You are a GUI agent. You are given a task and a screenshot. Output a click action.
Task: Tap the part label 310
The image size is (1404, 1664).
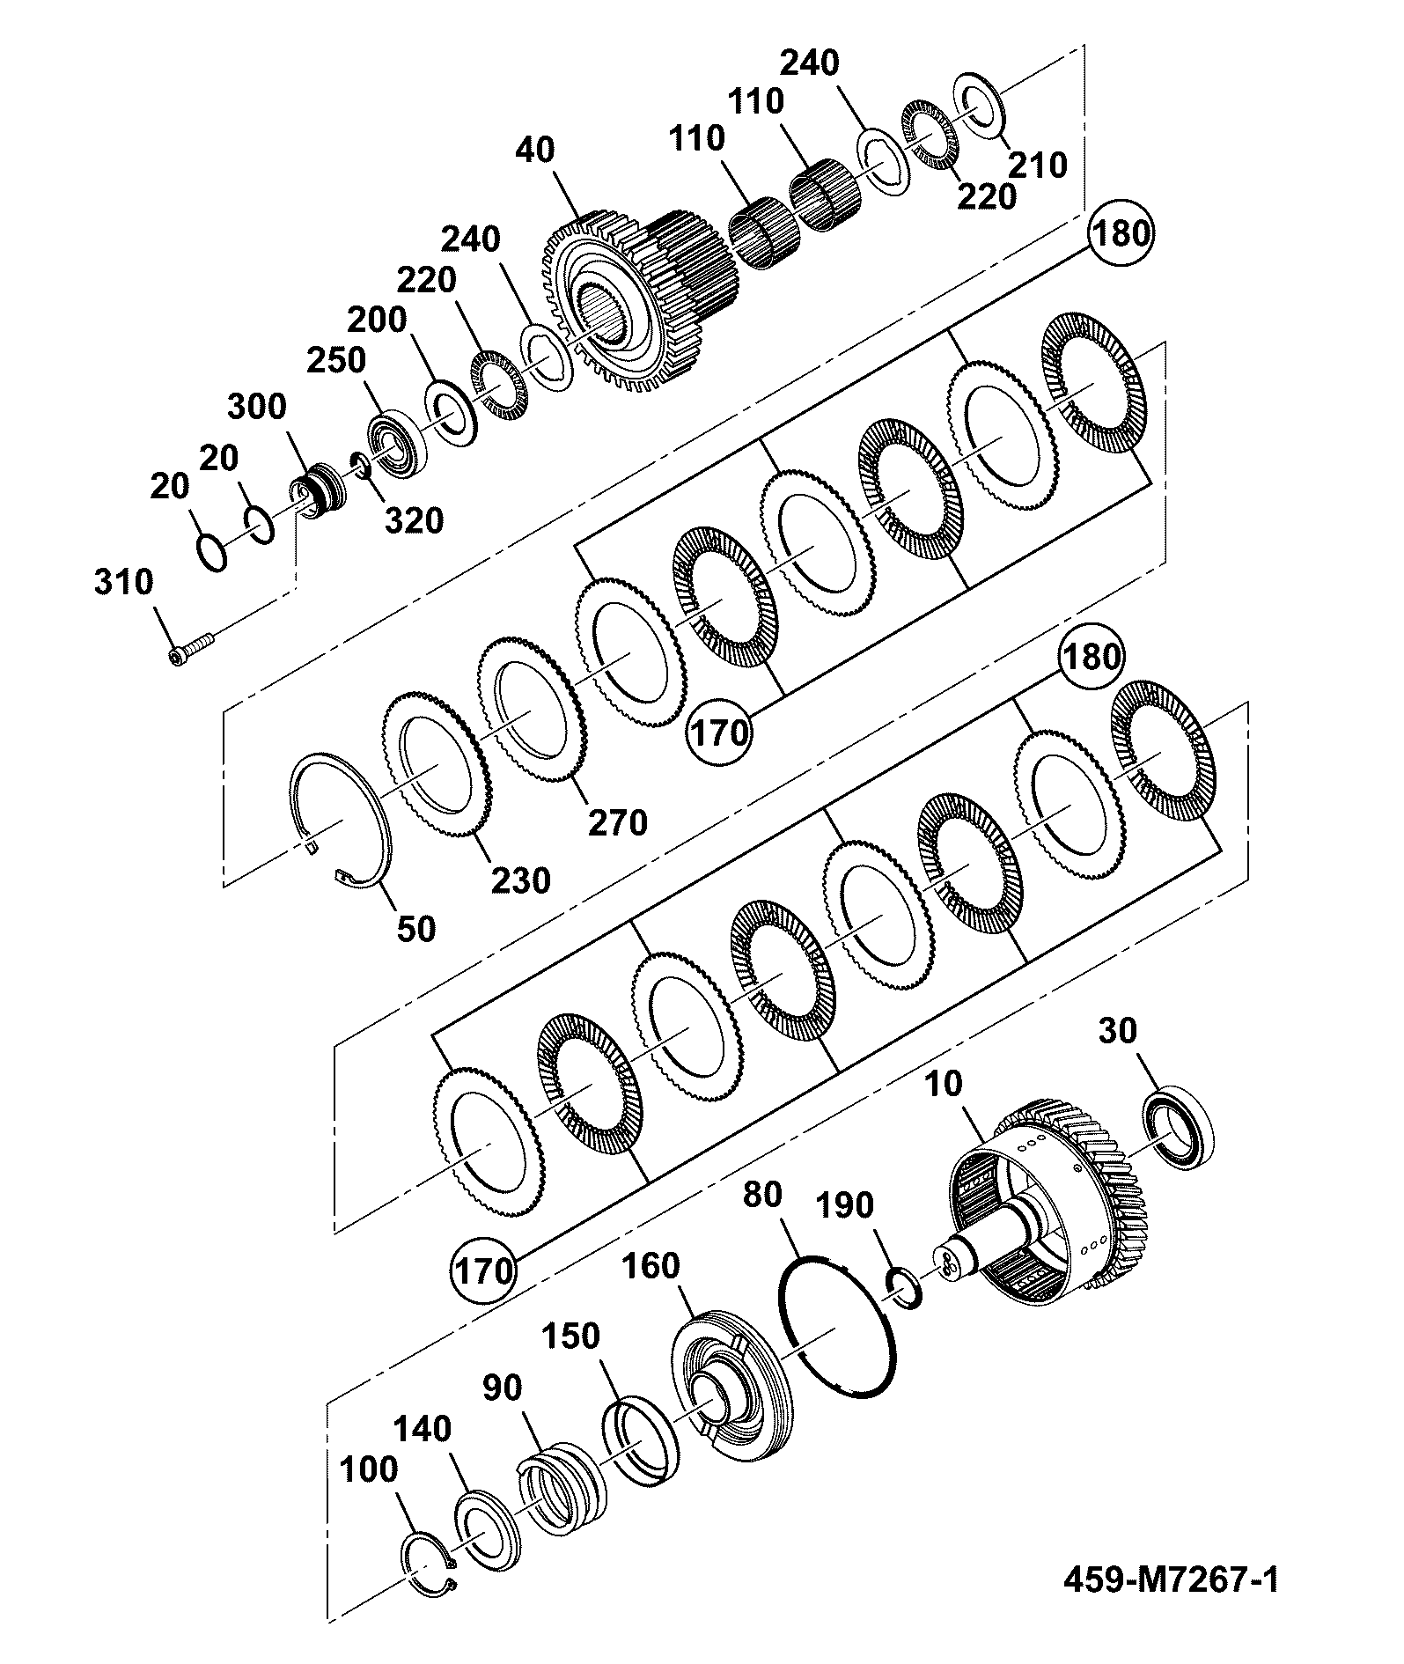point(123,583)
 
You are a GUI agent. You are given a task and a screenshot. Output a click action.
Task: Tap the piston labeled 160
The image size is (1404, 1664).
point(731,1401)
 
